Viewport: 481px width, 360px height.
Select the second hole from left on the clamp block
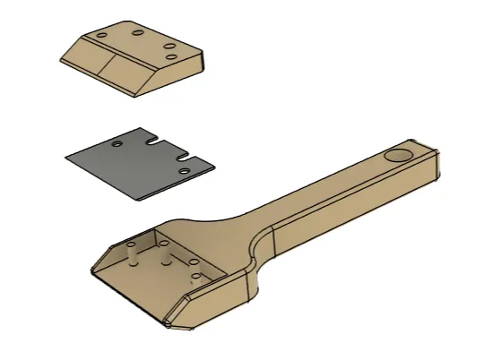[x=139, y=33]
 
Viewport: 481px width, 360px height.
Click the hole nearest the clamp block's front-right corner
[x=172, y=57]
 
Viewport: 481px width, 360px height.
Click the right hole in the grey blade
[x=184, y=169]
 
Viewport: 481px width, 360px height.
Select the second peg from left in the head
[x=165, y=257]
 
